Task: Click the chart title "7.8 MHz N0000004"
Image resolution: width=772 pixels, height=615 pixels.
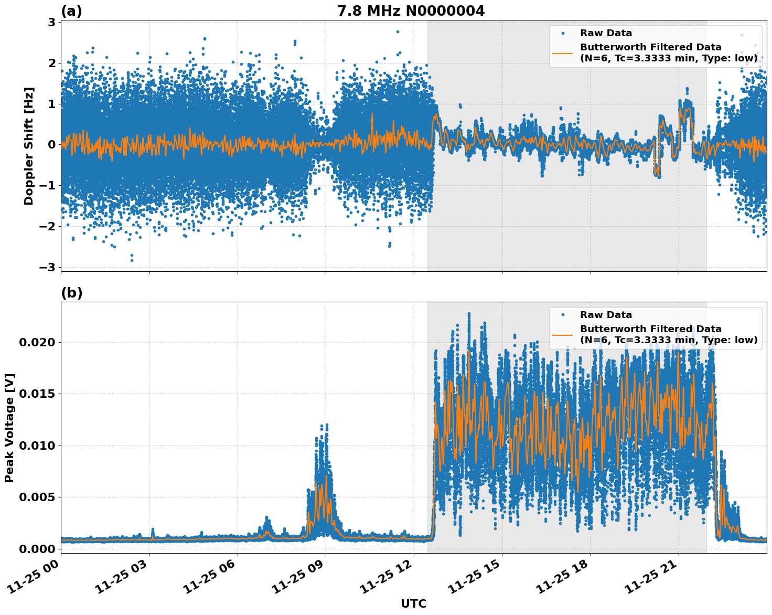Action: point(411,11)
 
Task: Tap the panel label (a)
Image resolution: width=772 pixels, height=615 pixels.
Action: point(71,11)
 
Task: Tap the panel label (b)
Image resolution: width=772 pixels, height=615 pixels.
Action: point(71,293)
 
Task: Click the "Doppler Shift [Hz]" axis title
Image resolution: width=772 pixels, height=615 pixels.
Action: point(29,146)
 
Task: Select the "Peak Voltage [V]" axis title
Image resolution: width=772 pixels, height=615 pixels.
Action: point(9,428)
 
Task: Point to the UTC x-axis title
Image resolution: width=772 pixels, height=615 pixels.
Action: point(413,603)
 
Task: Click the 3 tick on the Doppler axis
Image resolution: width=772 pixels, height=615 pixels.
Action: point(52,22)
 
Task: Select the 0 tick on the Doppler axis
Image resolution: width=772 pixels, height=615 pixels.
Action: point(52,144)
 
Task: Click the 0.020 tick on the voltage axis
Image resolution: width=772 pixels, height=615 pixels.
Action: point(37,342)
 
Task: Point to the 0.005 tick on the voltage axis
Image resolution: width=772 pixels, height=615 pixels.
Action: point(37,497)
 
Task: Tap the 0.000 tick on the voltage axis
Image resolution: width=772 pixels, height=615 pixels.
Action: point(37,549)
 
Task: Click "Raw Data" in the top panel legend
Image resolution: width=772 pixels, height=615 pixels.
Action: point(606,34)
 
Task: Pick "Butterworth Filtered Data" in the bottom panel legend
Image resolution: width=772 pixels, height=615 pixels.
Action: point(650,329)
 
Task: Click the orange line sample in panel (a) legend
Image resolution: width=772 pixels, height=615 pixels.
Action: point(563,52)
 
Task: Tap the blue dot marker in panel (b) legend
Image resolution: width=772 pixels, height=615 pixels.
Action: point(563,315)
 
